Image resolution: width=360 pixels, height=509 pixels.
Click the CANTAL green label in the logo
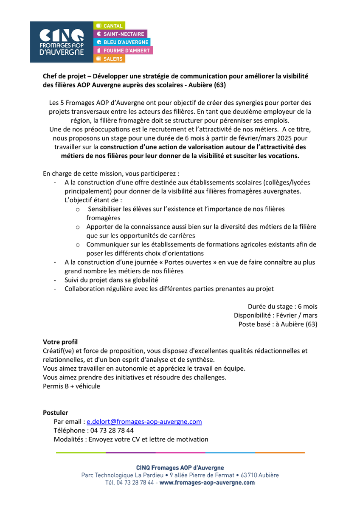(109, 26)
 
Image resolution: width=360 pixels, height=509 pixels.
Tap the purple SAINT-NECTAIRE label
(120, 34)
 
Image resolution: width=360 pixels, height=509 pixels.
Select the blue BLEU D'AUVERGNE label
(122, 42)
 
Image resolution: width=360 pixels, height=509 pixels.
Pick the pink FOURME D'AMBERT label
(123, 50)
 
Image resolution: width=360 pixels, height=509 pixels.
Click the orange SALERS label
(109, 59)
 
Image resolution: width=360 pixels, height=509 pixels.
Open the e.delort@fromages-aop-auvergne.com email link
(144, 422)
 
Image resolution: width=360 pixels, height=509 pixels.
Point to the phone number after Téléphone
(110, 431)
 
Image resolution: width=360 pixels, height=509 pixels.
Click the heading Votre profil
(60, 342)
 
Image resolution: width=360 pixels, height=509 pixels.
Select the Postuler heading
(55, 413)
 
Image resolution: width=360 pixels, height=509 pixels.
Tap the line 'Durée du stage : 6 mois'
(282, 306)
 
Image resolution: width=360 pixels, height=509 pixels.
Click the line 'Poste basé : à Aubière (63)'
(278, 324)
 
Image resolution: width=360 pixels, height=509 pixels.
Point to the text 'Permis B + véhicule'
(71, 386)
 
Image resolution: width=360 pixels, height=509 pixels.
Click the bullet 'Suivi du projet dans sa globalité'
(111, 280)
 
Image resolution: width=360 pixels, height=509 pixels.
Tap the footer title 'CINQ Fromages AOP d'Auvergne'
(180, 467)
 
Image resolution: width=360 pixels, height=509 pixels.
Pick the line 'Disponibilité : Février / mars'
(276, 315)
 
